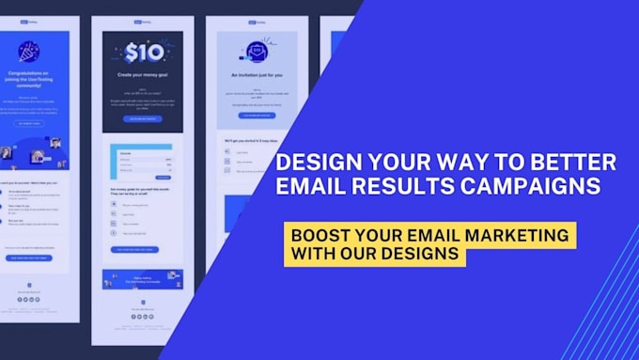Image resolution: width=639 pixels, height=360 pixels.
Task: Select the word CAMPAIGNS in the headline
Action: (538, 187)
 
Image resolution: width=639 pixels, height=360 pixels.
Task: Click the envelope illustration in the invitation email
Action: (253, 50)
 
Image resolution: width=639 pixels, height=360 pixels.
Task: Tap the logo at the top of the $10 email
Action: (143, 23)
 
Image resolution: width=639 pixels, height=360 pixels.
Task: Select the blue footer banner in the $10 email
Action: (143, 279)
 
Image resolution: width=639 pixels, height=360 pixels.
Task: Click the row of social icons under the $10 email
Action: (143, 317)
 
